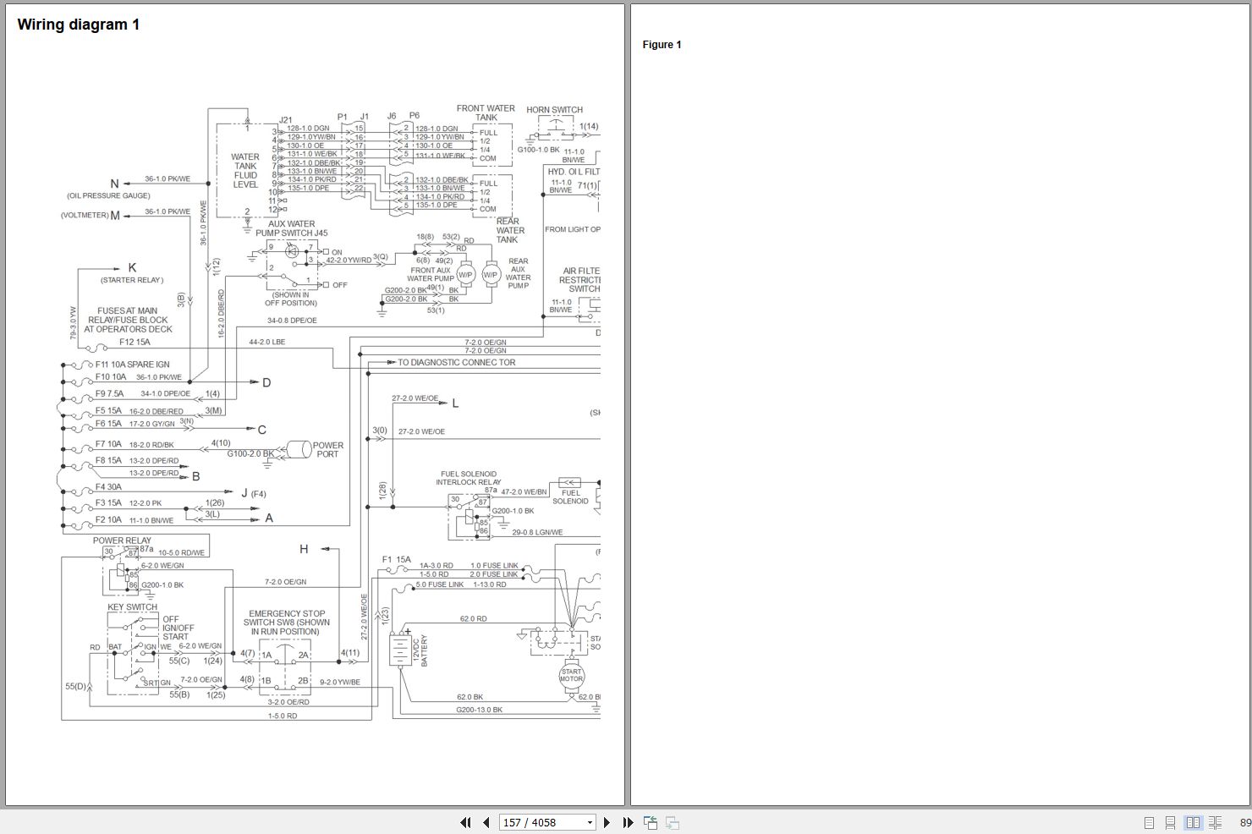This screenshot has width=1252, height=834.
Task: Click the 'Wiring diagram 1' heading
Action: [x=79, y=25]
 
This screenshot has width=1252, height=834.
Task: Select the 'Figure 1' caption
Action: [x=662, y=45]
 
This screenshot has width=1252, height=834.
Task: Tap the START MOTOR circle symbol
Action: [x=572, y=676]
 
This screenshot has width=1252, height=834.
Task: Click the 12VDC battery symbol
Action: [x=398, y=650]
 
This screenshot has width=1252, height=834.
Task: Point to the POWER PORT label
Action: [x=327, y=449]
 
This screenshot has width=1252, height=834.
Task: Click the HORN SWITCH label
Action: [x=554, y=110]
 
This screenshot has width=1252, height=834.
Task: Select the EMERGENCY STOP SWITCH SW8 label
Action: [x=287, y=623]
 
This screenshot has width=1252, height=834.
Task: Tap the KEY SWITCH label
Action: [x=132, y=606]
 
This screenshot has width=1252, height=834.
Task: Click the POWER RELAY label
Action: [x=122, y=540]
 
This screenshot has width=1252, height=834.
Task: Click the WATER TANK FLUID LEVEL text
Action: [x=245, y=171]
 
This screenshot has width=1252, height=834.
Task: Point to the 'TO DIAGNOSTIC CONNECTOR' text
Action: [x=456, y=362]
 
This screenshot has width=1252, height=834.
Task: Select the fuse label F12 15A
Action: [x=135, y=342]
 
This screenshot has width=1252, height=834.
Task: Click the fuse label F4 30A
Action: [x=108, y=486]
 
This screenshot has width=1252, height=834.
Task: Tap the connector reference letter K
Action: [x=132, y=268]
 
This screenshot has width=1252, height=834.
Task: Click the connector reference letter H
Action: [x=304, y=549]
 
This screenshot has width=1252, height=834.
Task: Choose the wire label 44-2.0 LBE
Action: [x=266, y=343]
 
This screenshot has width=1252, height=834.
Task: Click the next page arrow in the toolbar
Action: [x=607, y=822]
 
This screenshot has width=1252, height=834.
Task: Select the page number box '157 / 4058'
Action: [x=547, y=822]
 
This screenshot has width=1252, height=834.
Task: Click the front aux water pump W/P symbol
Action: [x=465, y=274]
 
